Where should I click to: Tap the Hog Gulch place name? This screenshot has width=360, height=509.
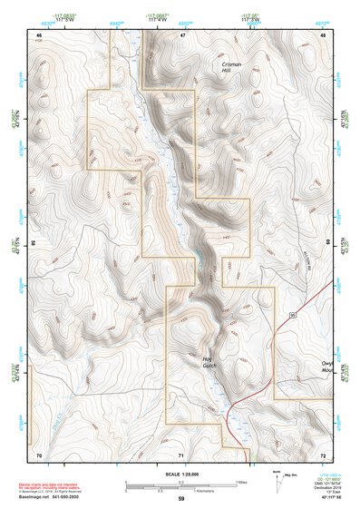tap(208, 363)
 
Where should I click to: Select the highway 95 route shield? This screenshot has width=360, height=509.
tap(293, 313)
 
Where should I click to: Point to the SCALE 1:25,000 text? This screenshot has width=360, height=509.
tap(181, 474)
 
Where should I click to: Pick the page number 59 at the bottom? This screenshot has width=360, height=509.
tap(181, 499)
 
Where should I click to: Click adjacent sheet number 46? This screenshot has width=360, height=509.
tap(38, 34)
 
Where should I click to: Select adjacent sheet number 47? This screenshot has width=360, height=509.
tap(181, 34)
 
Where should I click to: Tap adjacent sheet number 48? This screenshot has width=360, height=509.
tap(323, 34)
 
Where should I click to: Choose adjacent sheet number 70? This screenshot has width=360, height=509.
tap(38, 454)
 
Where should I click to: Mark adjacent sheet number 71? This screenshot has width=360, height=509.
tap(181, 454)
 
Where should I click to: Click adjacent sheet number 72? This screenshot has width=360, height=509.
tap(323, 454)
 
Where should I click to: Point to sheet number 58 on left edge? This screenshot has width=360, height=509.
tap(34, 243)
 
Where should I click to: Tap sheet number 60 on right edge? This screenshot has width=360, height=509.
tap(327, 243)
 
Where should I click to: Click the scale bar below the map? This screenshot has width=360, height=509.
tap(181, 483)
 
